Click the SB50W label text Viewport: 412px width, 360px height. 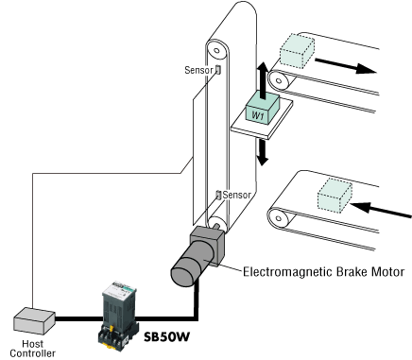[167, 336]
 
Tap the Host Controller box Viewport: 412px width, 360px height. [34, 320]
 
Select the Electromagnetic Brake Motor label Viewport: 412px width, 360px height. [324, 271]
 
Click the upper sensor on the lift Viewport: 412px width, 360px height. [217, 70]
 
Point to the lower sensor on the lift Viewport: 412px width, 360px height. [218, 195]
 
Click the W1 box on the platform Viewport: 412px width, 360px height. [262, 109]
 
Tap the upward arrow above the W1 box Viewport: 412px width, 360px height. [263, 80]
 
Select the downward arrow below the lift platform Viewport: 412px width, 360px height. [262, 152]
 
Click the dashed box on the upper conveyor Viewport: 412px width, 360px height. [297, 51]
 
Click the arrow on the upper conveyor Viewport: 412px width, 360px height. [346, 66]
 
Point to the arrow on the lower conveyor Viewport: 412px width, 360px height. [381, 210]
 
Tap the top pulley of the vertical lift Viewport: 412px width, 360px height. [217, 50]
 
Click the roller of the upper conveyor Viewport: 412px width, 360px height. [279, 81]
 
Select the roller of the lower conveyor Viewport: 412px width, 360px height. [279, 218]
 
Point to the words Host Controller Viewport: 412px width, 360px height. [33, 349]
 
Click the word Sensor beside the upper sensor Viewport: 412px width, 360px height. [199, 70]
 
